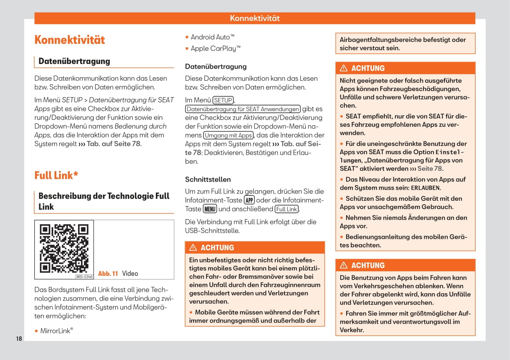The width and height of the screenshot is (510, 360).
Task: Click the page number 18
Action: click(x=19, y=339)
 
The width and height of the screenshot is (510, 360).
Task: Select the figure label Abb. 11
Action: click(x=108, y=274)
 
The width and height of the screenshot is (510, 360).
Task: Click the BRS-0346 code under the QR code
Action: click(x=84, y=277)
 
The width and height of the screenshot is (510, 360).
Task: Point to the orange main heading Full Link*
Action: click(x=56, y=175)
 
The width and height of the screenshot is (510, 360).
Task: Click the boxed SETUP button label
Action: click(x=223, y=100)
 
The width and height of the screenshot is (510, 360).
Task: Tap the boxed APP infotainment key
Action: click(x=249, y=200)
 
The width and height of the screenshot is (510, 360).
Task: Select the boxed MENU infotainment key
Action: click(x=210, y=209)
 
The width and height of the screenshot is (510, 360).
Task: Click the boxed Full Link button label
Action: click(x=286, y=209)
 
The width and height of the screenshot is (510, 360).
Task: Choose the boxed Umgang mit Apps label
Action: click(x=229, y=135)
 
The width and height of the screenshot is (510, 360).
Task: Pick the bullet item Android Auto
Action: click(x=213, y=37)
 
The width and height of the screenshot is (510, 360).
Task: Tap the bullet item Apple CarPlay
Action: click(x=216, y=48)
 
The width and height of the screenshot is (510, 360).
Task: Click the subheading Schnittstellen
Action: click(x=208, y=179)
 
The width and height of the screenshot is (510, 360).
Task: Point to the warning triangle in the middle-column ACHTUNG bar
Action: click(x=193, y=248)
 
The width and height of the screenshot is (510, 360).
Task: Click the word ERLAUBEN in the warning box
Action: click(x=425, y=188)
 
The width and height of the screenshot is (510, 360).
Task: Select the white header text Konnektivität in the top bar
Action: click(x=255, y=18)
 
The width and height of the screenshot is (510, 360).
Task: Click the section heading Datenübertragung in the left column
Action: click(x=74, y=61)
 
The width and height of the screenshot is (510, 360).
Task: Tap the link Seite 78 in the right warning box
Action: click(x=430, y=169)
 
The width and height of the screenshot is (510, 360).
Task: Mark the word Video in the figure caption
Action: click(x=130, y=274)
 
